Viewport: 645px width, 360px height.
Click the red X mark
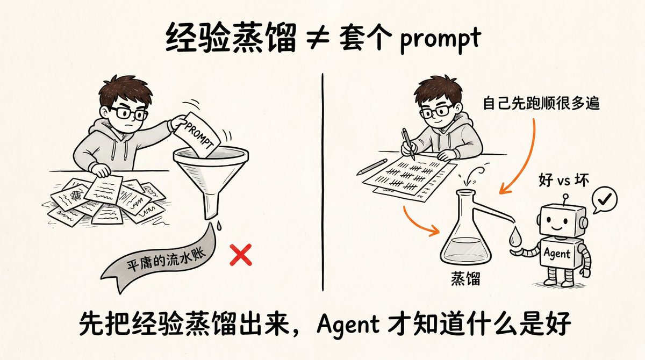point(241,255)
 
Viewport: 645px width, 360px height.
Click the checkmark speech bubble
point(604,200)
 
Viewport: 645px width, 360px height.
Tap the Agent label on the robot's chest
point(557,253)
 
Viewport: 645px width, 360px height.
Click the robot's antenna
point(565,199)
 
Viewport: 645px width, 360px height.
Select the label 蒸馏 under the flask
point(465,278)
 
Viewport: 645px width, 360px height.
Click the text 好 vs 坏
point(563,180)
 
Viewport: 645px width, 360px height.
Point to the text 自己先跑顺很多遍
point(541,103)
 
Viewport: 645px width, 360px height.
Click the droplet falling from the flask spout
point(514,236)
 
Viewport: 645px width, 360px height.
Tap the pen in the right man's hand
point(408,144)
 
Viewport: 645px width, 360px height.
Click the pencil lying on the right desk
point(372,167)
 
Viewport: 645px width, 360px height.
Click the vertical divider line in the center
point(322,182)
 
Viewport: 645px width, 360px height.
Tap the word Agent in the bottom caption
point(348,324)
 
